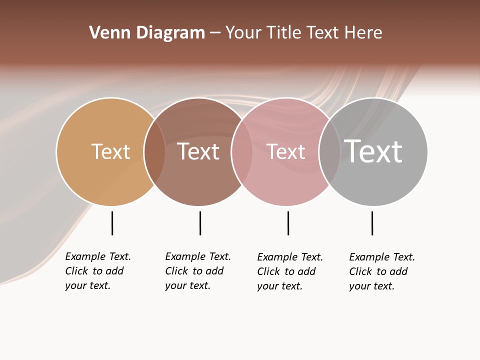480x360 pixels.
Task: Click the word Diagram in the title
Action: [x=170, y=32]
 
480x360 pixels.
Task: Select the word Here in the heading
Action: [x=364, y=32]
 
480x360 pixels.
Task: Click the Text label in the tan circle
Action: [x=110, y=151]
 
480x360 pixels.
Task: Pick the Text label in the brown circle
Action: [x=198, y=151]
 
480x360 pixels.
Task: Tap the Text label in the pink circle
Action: [x=285, y=151]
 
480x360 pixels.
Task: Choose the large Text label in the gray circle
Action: [x=373, y=151]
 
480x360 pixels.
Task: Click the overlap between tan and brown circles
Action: [x=154, y=151]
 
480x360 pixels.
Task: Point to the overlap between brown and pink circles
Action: [x=242, y=151]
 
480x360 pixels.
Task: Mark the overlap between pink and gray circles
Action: [x=329, y=151]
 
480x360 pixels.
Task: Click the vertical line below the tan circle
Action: [x=112, y=223]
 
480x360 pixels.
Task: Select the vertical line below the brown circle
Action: [x=200, y=223]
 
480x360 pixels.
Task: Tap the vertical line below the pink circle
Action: [x=288, y=223]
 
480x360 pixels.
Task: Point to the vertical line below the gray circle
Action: [x=372, y=223]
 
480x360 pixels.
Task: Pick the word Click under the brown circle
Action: [x=176, y=271]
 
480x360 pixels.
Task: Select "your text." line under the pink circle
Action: [x=279, y=286]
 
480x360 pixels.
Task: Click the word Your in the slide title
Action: [x=243, y=32]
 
